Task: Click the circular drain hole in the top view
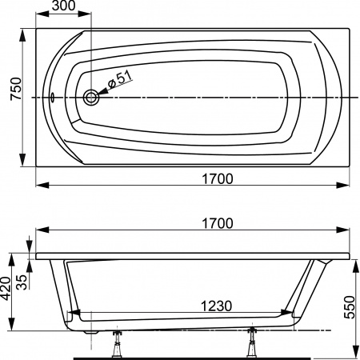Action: click(91, 98)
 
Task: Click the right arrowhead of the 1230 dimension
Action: click(286, 315)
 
